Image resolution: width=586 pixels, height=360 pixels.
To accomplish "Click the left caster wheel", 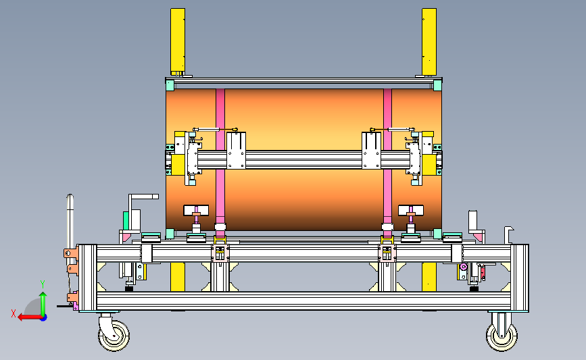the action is [x=114, y=336].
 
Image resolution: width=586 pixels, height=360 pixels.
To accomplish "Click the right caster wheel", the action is [x=502, y=336].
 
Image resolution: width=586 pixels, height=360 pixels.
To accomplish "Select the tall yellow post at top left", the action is [x=178, y=41].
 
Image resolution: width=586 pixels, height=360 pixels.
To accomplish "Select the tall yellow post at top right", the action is [x=429, y=41].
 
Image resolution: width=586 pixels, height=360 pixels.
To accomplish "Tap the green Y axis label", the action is [x=43, y=284].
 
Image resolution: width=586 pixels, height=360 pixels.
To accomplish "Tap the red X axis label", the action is [x=14, y=313].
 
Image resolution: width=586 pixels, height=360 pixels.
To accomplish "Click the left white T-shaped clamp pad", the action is [x=196, y=210].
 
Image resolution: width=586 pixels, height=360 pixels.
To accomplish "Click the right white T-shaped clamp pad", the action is [x=411, y=210].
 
